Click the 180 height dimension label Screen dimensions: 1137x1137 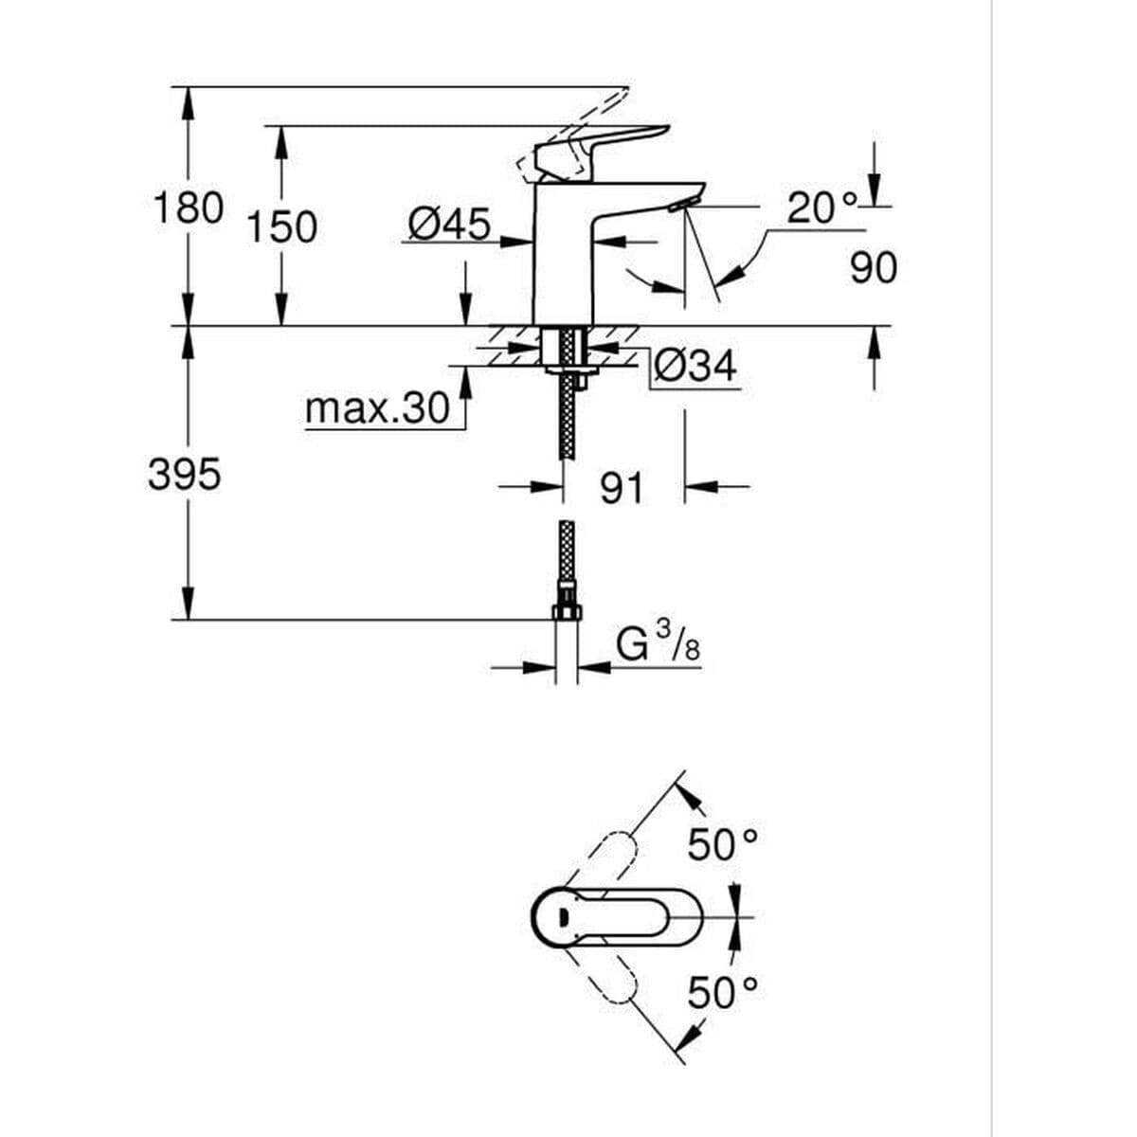tap(188, 208)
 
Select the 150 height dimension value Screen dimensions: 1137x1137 tap(281, 228)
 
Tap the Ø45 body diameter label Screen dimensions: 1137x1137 tap(449, 225)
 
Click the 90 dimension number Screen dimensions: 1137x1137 tap(873, 268)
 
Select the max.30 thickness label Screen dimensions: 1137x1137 tap(377, 409)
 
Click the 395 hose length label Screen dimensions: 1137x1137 tap(184, 474)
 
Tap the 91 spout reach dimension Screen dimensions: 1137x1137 tap(622, 488)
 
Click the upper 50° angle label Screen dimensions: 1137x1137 tap(723, 844)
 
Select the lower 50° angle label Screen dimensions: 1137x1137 tap(723, 992)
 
